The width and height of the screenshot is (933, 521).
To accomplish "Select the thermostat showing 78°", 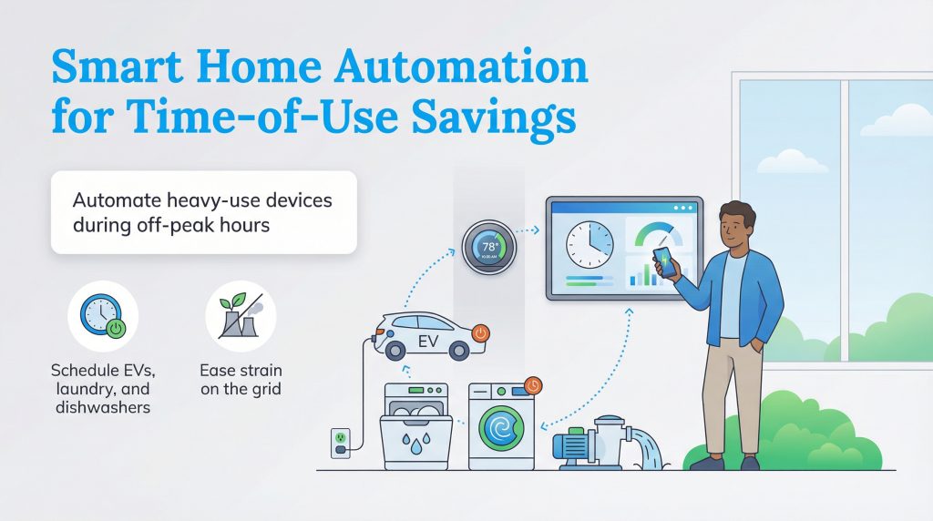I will [x=488, y=247].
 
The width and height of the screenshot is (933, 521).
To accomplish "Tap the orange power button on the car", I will [x=480, y=332].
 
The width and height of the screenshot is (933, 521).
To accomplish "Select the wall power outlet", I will [x=340, y=440].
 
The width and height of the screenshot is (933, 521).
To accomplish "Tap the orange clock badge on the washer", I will [x=532, y=385].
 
